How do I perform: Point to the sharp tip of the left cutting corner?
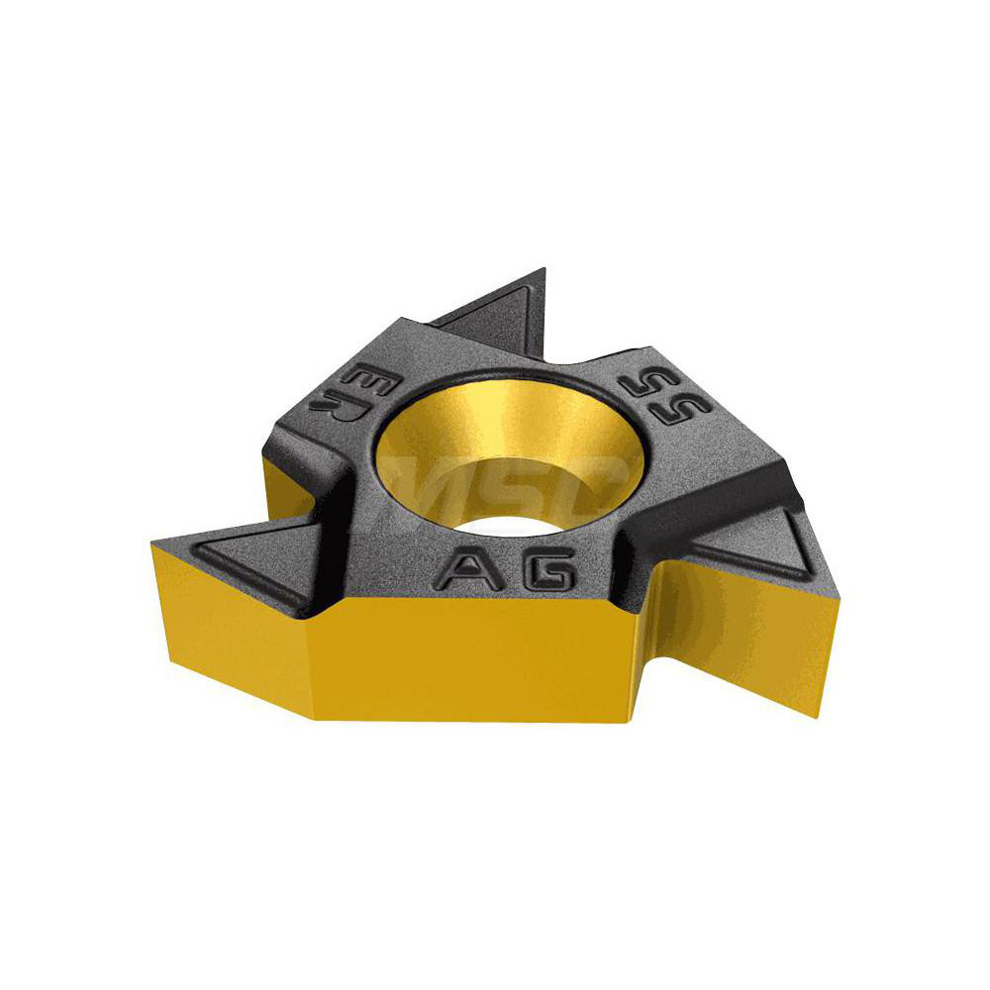click(x=153, y=542)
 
